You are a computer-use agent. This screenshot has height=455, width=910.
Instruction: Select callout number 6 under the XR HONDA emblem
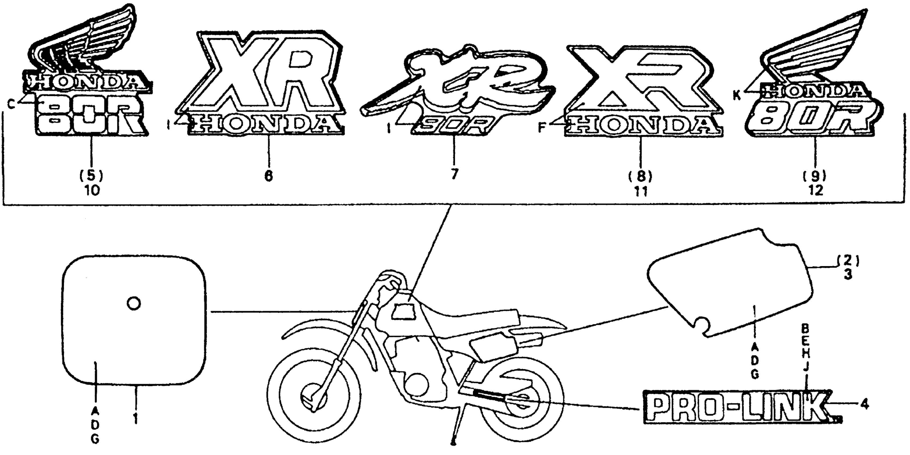pyautogui.click(x=269, y=176)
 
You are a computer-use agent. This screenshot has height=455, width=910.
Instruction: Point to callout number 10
pyautogui.click(x=92, y=191)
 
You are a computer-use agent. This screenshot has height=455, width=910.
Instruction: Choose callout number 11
pyautogui.click(x=641, y=192)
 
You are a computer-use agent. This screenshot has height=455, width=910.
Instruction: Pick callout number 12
pyautogui.click(x=816, y=191)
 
